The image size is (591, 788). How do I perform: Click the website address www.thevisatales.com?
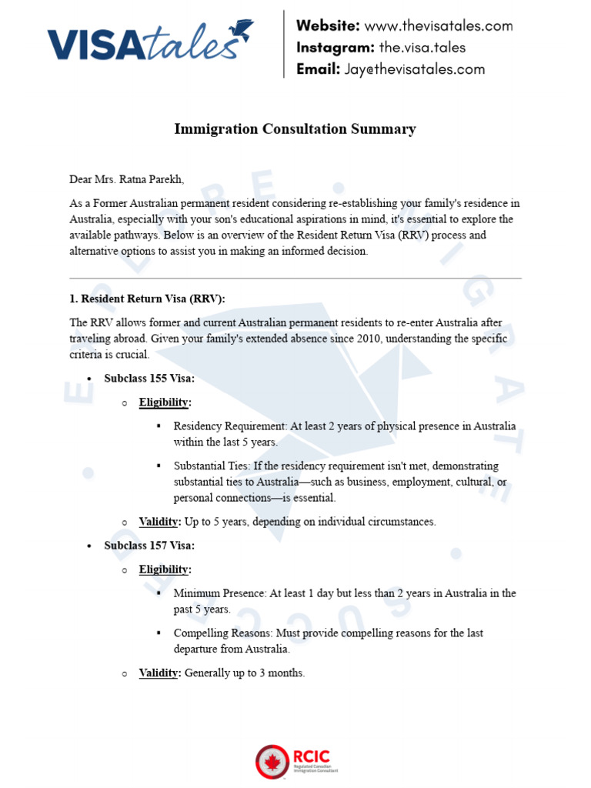pyautogui.click(x=438, y=25)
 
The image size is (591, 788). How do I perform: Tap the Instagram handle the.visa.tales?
pyautogui.click(x=422, y=47)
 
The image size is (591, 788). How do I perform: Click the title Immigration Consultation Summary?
pyautogui.click(x=295, y=129)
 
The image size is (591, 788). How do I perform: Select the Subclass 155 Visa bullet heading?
pyautogui.click(x=149, y=378)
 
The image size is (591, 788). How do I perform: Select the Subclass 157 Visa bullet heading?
pyautogui.click(x=149, y=546)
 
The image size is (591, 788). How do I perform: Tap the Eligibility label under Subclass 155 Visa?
pyautogui.click(x=165, y=402)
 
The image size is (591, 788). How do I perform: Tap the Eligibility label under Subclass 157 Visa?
pyautogui.click(x=165, y=569)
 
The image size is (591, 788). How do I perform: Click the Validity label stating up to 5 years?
pyautogui.click(x=159, y=522)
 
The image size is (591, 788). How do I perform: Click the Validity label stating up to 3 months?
pyautogui.click(x=159, y=673)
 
